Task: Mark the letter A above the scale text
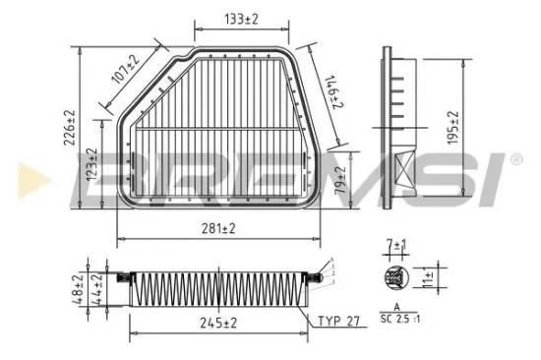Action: [395, 308]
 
